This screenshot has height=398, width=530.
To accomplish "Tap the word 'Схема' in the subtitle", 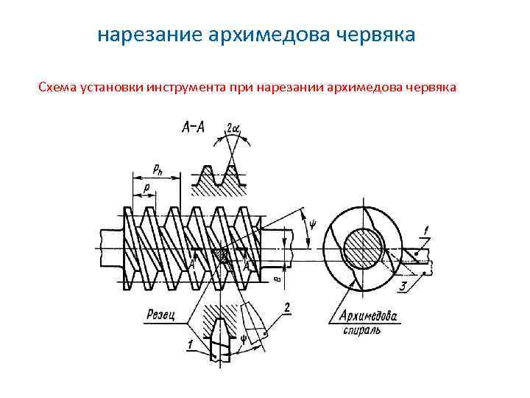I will coord(57,88).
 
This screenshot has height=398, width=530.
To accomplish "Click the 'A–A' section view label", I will coord(194,127).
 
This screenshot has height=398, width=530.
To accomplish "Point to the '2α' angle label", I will coord(233,128).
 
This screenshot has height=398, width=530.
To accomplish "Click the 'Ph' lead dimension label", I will coord(158,169).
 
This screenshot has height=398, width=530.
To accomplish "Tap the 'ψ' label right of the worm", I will coord(312,221).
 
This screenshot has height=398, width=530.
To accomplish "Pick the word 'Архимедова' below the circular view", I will coord(367,317).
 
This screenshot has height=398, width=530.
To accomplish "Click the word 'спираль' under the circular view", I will coord(361,330).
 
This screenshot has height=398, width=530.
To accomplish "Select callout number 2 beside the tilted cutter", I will coord(286,306).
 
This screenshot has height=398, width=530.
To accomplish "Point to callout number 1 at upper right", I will coord(425,231).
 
